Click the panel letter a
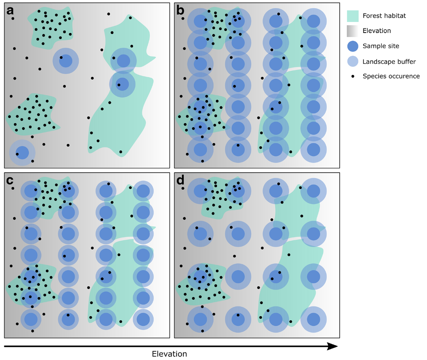tap(11, 11)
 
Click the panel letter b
tap(181, 11)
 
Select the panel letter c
tap(11, 181)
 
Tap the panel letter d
tap(181, 181)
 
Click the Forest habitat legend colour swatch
tap(353, 16)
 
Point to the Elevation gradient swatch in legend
tap(353, 31)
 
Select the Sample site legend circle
tap(353, 46)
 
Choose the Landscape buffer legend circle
tap(353, 61)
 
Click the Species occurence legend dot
tap(353, 76)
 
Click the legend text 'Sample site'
tap(381, 46)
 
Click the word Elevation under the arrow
tap(169, 354)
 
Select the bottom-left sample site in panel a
tap(22, 153)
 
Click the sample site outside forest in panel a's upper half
tap(65, 61)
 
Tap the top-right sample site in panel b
tap(313, 21)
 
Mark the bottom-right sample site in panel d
tap(313, 319)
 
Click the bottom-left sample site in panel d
tap(200, 319)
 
